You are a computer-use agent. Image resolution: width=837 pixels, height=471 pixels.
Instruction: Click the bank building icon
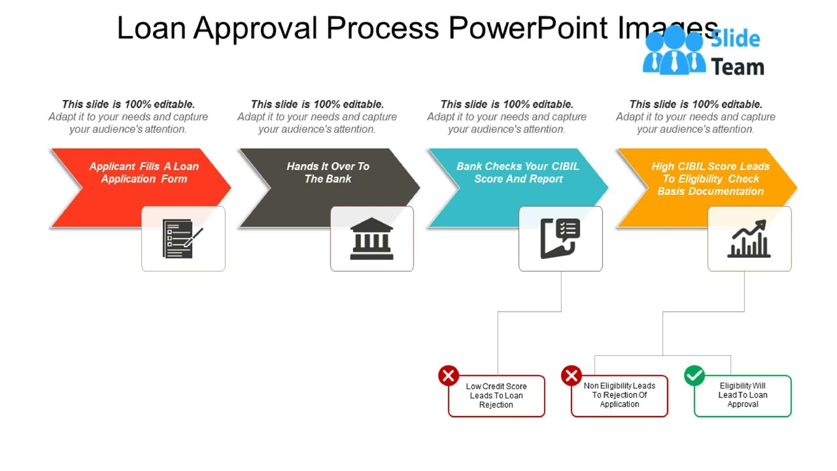coord(371,239)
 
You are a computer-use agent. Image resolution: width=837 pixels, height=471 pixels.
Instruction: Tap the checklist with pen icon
coord(182,239)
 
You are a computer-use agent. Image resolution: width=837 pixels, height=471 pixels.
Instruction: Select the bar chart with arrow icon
coord(749,239)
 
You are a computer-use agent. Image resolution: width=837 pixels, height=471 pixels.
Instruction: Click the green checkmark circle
coord(694,375)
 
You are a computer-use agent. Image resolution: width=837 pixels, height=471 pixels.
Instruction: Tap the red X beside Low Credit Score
coord(449,375)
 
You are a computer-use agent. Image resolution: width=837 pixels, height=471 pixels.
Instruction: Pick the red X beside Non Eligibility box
coord(572,375)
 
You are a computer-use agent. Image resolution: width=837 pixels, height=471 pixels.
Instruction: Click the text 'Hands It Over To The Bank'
coord(328,173)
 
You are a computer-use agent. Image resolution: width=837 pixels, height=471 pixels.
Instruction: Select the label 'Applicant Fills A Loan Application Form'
coord(144,173)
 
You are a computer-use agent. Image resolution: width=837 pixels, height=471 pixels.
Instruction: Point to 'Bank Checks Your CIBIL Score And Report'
coord(518,173)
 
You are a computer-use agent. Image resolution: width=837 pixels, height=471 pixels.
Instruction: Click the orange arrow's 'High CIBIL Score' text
coord(710,166)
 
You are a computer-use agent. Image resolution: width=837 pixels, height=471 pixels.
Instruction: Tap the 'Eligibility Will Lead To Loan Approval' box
coord(743,395)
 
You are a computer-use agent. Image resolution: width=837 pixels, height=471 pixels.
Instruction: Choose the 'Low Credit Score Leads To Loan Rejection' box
coord(496,396)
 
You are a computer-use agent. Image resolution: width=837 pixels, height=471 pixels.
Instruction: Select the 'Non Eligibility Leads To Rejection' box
coord(619,395)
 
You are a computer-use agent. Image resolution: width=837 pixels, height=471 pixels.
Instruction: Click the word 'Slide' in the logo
coord(736,39)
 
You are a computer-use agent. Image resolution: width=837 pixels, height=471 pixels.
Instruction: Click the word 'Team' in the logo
coord(738,67)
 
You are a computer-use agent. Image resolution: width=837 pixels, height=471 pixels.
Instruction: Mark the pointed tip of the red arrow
coord(230,188)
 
